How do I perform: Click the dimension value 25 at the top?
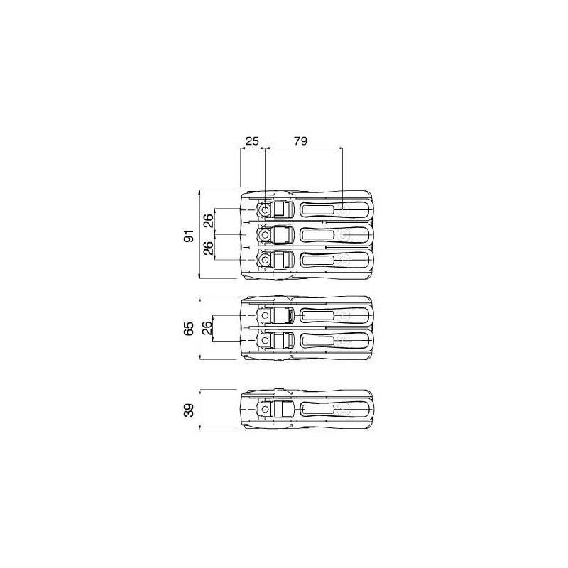(x=251, y=141)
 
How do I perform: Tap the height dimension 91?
(x=189, y=235)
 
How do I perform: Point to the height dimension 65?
(x=189, y=328)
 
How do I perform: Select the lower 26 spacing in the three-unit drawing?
(x=207, y=248)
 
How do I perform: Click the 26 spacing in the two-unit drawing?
(x=207, y=328)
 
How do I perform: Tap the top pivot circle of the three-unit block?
(x=265, y=210)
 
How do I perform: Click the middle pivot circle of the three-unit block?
(x=265, y=235)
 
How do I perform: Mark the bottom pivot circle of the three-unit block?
(x=265, y=261)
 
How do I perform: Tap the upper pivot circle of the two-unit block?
(x=265, y=315)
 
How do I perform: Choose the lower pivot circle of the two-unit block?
(x=265, y=341)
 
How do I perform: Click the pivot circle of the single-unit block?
(x=265, y=410)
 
